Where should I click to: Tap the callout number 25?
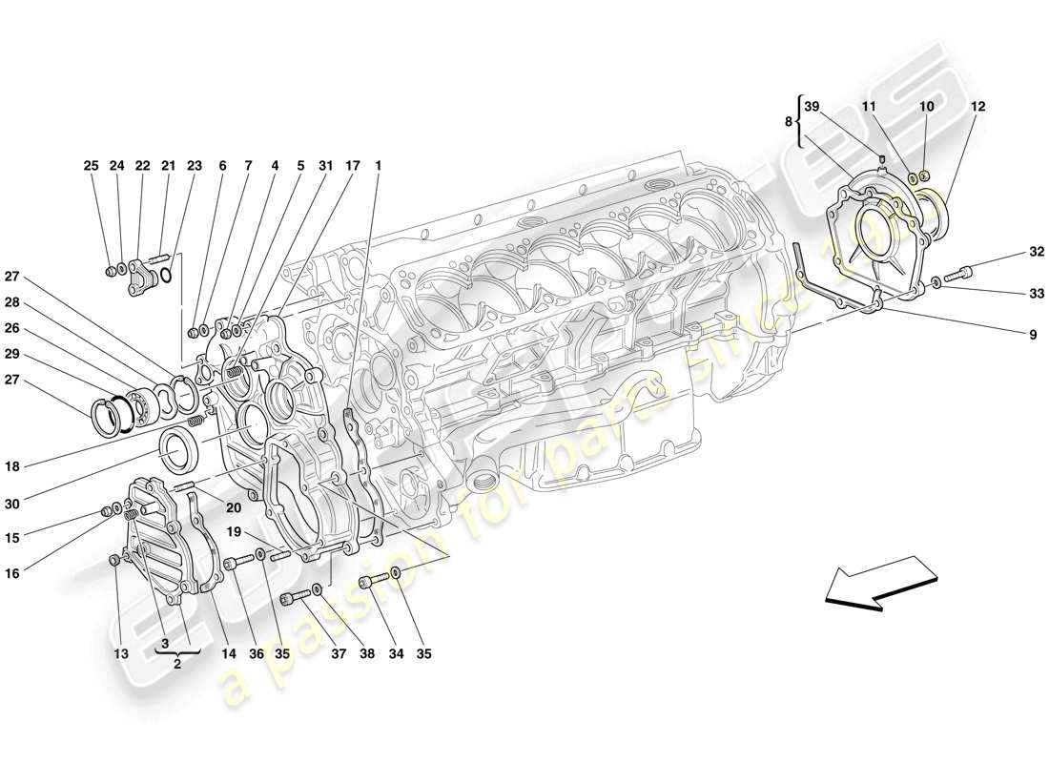click(91, 166)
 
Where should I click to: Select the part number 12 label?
click(978, 107)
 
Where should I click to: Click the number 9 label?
click(1005, 335)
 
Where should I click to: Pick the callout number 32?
click(1009, 253)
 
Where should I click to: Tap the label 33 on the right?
click(1009, 294)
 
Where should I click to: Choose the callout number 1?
click(378, 166)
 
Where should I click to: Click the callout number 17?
click(352, 166)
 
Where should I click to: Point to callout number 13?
click(121, 654)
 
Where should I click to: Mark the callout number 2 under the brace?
click(177, 667)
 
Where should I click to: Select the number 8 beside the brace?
click(789, 122)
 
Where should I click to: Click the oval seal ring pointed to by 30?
click(178, 449)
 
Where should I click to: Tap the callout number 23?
click(195, 166)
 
